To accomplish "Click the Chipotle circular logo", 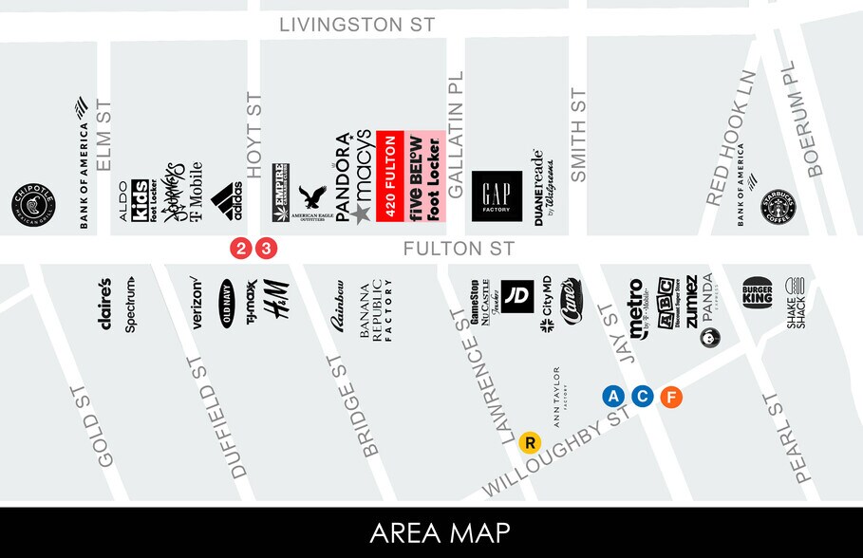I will point(34,206).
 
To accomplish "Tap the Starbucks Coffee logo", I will point(784,206).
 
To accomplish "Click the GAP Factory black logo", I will point(497,195).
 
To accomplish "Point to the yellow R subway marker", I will point(530,441).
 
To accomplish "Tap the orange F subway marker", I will point(671,397).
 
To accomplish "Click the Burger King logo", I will point(758,293).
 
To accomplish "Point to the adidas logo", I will point(226,200).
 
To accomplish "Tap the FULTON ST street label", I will point(458,250).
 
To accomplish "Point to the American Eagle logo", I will point(311,202).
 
